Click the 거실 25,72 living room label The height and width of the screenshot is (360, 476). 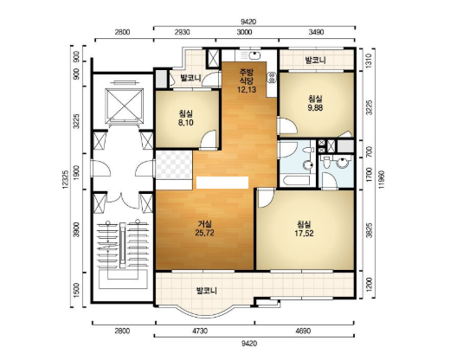click(x=205, y=228)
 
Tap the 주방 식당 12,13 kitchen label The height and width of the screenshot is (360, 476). click(x=247, y=80)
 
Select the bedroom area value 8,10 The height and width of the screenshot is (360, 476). click(x=186, y=123)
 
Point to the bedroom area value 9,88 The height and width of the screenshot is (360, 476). click(x=315, y=107)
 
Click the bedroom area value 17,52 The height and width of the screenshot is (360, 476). click(x=304, y=233)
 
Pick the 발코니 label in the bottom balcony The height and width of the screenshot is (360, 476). click(x=207, y=291)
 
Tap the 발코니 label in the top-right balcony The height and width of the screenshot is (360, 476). click(x=315, y=60)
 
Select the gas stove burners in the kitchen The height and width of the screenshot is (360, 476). click(x=272, y=77)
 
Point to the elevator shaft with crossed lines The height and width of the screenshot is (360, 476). click(x=124, y=106)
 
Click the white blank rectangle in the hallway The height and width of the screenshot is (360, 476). click(x=222, y=183)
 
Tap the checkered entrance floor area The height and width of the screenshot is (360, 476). click(x=174, y=164)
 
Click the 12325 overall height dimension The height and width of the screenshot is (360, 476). click(x=66, y=179)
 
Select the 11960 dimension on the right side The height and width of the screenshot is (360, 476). click(x=382, y=180)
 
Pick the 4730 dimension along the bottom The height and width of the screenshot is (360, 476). click(x=200, y=331)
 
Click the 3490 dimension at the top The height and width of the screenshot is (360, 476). click(x=316, y=31)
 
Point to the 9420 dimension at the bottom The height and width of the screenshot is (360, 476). click(x=249, y=344)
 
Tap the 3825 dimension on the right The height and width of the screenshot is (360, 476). click(x=370, y=230)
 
